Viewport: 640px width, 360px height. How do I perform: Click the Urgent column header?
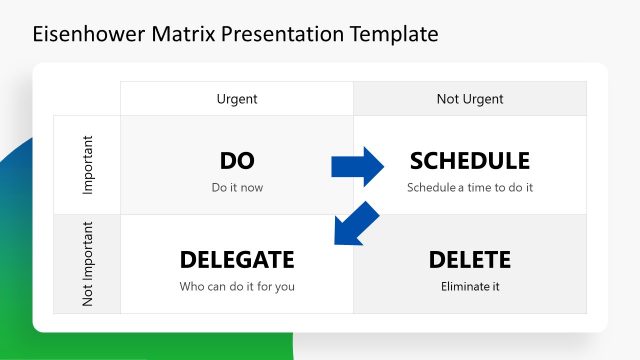point(237,99)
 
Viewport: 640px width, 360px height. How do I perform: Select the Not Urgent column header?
point(470,99)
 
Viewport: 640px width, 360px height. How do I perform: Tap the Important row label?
point(87,165)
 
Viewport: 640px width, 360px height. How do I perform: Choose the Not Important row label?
point(87,265)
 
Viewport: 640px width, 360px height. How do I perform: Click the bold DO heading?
point(237,160)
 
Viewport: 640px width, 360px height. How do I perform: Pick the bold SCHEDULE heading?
point(470,160)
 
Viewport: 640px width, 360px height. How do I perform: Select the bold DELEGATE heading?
point(237,260)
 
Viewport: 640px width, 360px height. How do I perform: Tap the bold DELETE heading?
point(470,260)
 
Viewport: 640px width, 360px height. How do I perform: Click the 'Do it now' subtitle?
point(237,187)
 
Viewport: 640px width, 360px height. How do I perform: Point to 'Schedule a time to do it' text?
point(470,187)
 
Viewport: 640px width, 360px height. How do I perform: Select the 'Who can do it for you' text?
point(237,287)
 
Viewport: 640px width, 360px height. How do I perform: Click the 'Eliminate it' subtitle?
point(470,287)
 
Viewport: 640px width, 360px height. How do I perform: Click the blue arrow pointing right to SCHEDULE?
point(358,165)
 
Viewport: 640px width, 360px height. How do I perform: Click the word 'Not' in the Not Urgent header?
point(447,99)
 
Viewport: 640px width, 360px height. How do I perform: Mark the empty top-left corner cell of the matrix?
point(87,99)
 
